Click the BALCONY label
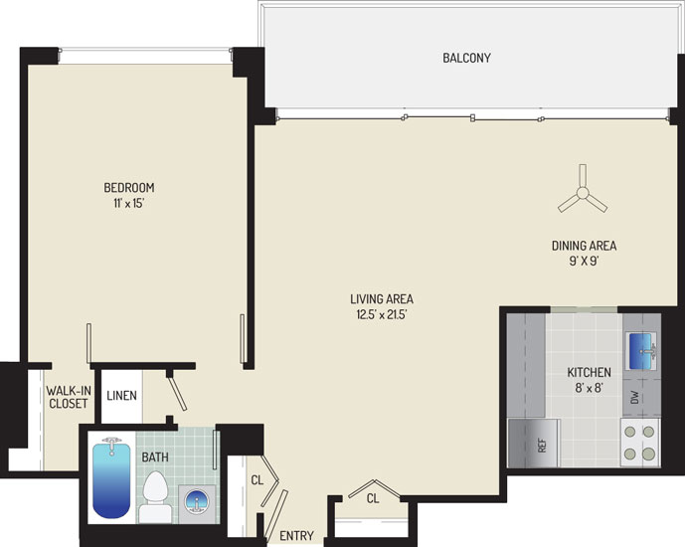click(466, 58)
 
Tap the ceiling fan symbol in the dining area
click(583, 193)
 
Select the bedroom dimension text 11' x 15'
click(128, 203)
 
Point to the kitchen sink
click(641, 351)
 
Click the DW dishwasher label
click(634, 397)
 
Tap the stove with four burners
click(639, 443)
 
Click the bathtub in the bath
click(111, 477)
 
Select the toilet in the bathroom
click(155, 497)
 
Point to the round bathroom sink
click(197, 501)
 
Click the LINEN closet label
click(122, 396)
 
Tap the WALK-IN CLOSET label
click(69, 397)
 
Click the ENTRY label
click(296, 535)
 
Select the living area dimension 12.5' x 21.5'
click(382, 314)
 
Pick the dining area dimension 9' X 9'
click(584, 261)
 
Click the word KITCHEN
click(589, 372)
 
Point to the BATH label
click(155, 457)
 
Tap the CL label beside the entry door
click(257, 480)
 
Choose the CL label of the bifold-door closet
click(373, 498)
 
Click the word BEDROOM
click(129, 187)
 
